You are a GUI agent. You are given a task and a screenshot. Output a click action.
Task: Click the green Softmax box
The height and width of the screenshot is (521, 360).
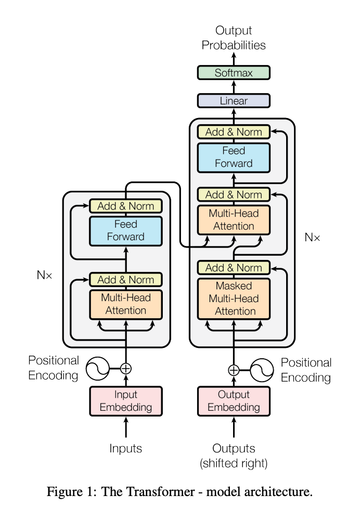coord(234,73)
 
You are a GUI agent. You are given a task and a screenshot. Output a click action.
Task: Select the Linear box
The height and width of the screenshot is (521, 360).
coord(234,101)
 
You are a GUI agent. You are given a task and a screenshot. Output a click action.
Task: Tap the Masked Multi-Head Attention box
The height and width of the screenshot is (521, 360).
coord(234,298)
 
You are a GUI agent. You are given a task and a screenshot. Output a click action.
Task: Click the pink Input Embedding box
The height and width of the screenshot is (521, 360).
coord(125,400)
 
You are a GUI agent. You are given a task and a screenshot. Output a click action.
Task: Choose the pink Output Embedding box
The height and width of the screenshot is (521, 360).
coord(234,400)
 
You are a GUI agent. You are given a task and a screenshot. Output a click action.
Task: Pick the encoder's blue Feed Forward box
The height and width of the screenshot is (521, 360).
coord(125,230)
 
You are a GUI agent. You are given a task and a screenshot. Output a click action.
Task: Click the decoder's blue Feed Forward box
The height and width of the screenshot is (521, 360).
coord(234,157)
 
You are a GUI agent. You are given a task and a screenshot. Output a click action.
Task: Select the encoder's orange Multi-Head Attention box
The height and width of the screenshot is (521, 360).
coord(125,304)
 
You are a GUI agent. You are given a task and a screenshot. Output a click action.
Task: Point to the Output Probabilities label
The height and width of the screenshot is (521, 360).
coord(234,38)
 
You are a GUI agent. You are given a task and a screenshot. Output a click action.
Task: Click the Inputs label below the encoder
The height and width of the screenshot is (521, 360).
coord(125,448)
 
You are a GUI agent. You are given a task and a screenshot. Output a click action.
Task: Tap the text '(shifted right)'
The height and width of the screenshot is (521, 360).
coord(234,463)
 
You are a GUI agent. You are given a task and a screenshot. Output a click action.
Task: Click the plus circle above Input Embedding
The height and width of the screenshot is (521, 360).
coord(126,369)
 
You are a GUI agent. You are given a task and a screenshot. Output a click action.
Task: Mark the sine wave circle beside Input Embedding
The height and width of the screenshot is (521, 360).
coord(96,369)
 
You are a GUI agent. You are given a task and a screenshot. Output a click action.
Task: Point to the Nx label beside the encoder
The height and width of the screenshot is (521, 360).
coord(45,276)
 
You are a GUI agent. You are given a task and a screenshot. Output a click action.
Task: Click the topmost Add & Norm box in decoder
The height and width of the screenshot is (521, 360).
coord(234,132)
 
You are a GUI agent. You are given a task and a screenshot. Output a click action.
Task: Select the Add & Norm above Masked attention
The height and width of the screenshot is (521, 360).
coord(234,268)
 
